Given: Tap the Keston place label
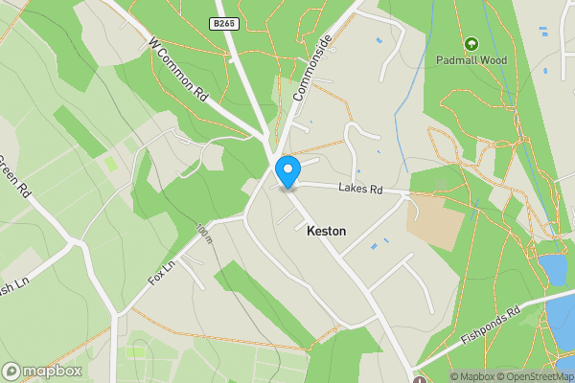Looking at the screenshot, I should [327, 232].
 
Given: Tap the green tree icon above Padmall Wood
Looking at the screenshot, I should [471, 44].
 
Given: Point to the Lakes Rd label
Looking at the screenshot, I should [360, 190].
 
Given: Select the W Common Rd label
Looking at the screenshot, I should [179, 70].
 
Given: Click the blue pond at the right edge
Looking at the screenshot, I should [554, 269].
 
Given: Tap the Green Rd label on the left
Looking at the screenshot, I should [16, 176].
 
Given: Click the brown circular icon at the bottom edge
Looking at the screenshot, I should [419, 379].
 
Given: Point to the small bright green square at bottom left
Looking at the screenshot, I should [135, 352].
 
